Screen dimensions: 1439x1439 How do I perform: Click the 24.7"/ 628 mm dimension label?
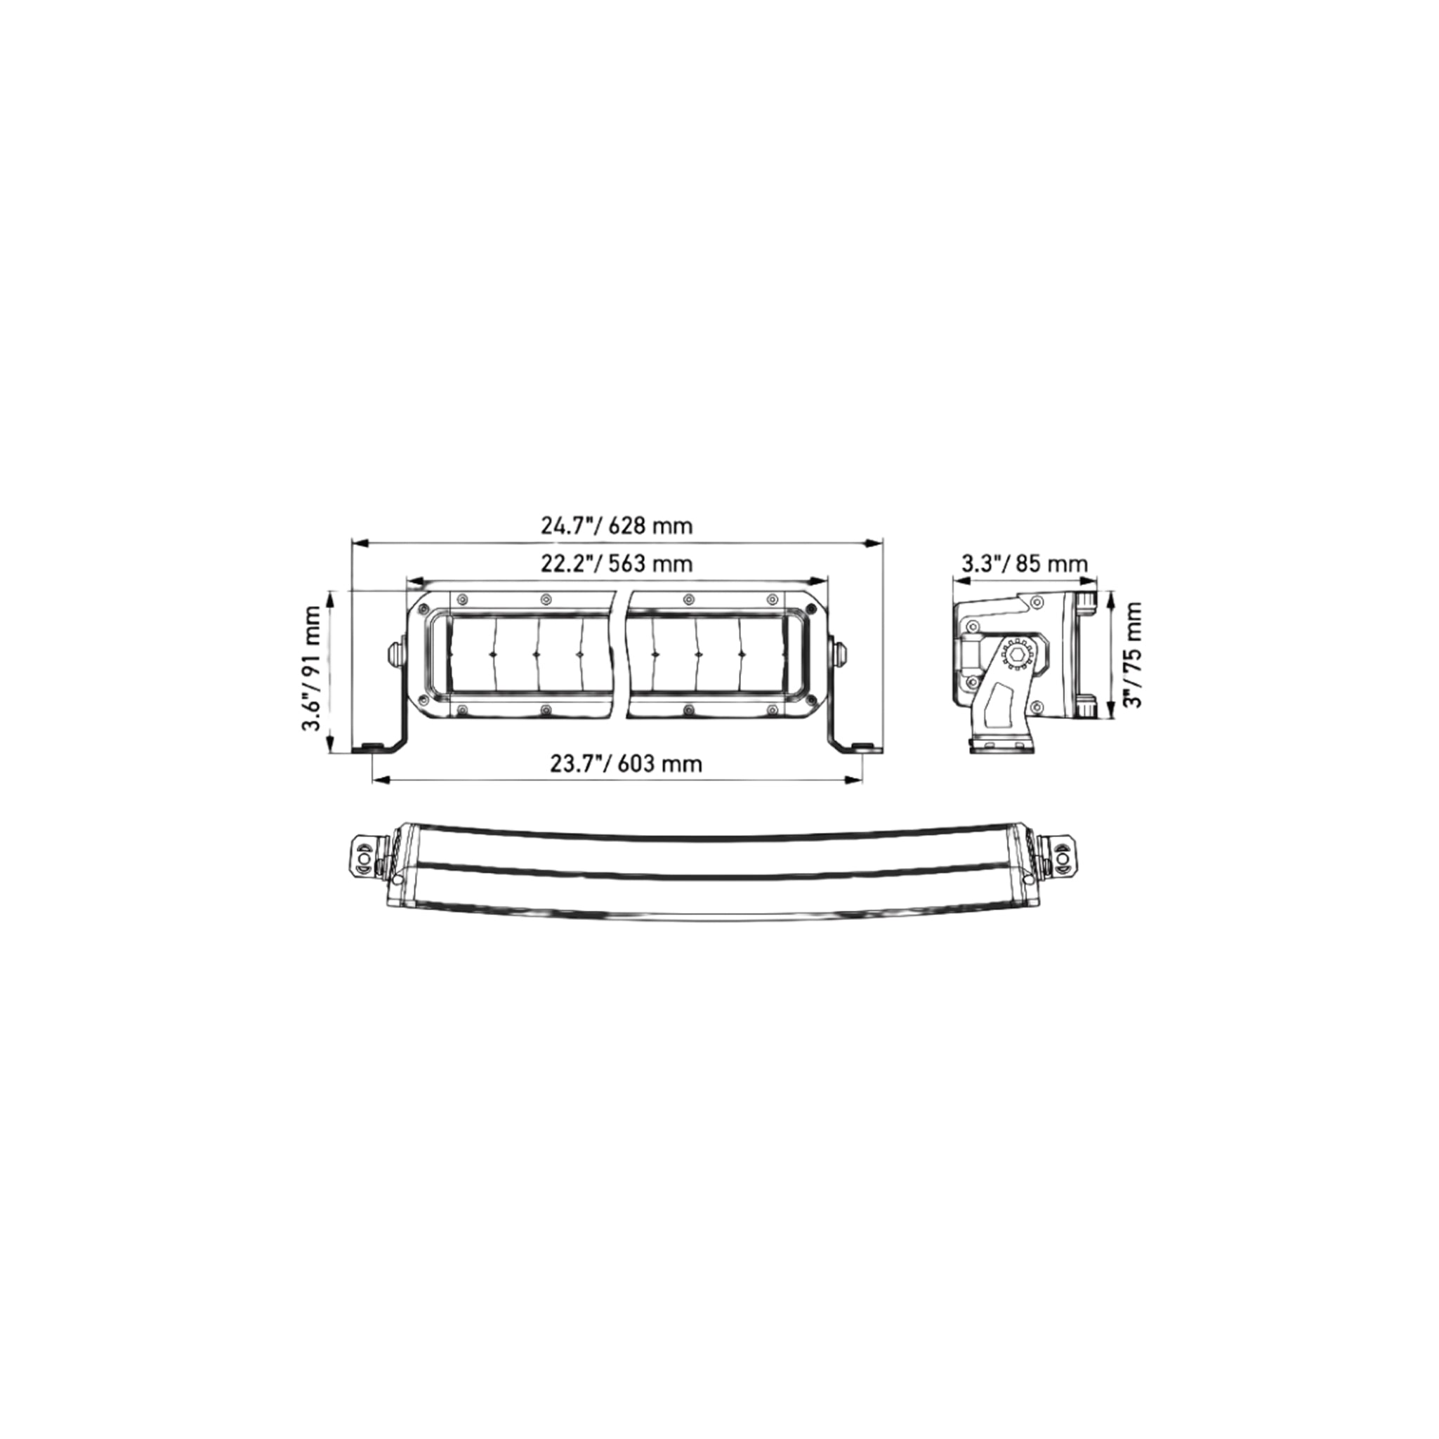(x=617, y=526)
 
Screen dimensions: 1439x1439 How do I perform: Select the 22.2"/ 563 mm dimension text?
(x=617, y=564)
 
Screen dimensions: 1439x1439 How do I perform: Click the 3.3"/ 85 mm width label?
(x=1025, y=564)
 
